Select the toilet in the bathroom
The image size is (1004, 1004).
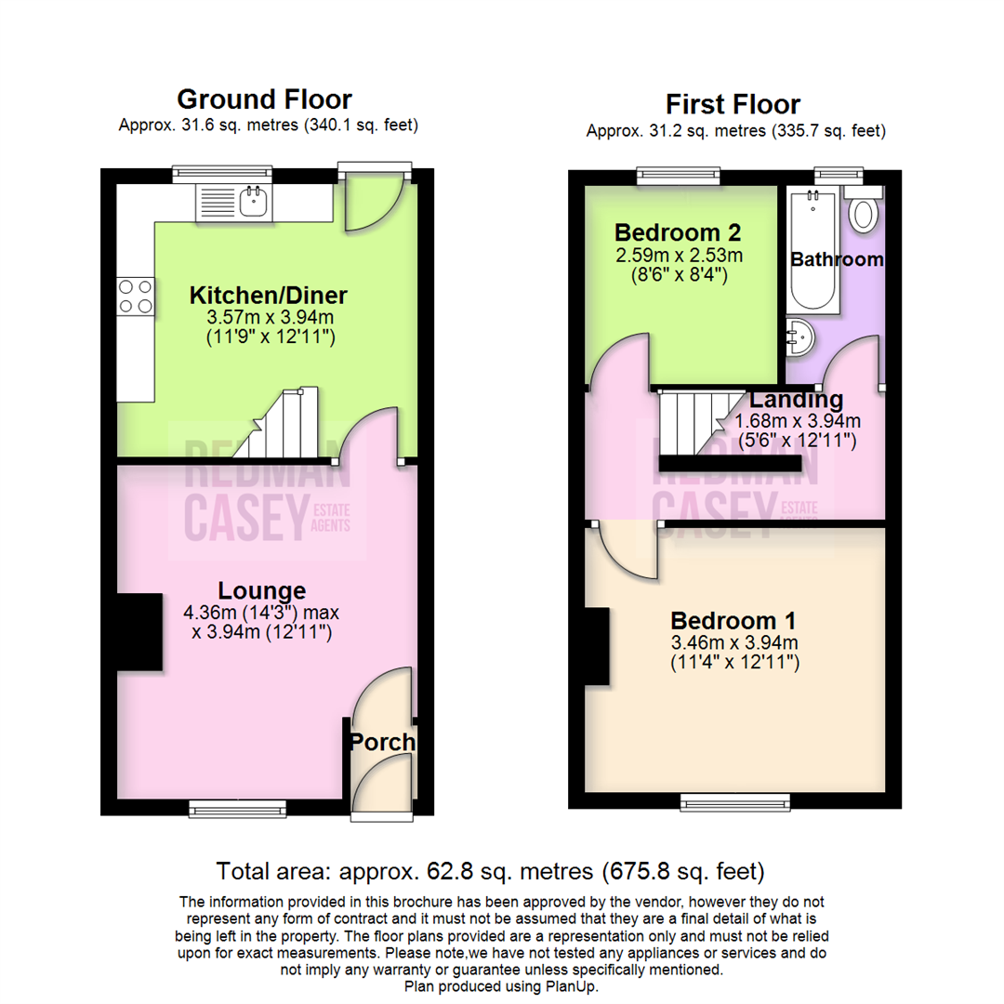tap(864, 213)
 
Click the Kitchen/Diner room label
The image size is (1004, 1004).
tap(268, 296)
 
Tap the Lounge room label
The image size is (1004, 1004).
tap(261, 590)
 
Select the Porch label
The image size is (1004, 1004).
tap(382, 743)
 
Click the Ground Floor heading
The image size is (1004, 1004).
tap(264, 99)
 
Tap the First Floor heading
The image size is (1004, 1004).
tap(733, 103)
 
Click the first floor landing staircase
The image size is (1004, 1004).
tap(697, 418)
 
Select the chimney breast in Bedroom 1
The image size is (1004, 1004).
tap(597, 645)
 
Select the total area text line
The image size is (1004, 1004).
tap(490, 872)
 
